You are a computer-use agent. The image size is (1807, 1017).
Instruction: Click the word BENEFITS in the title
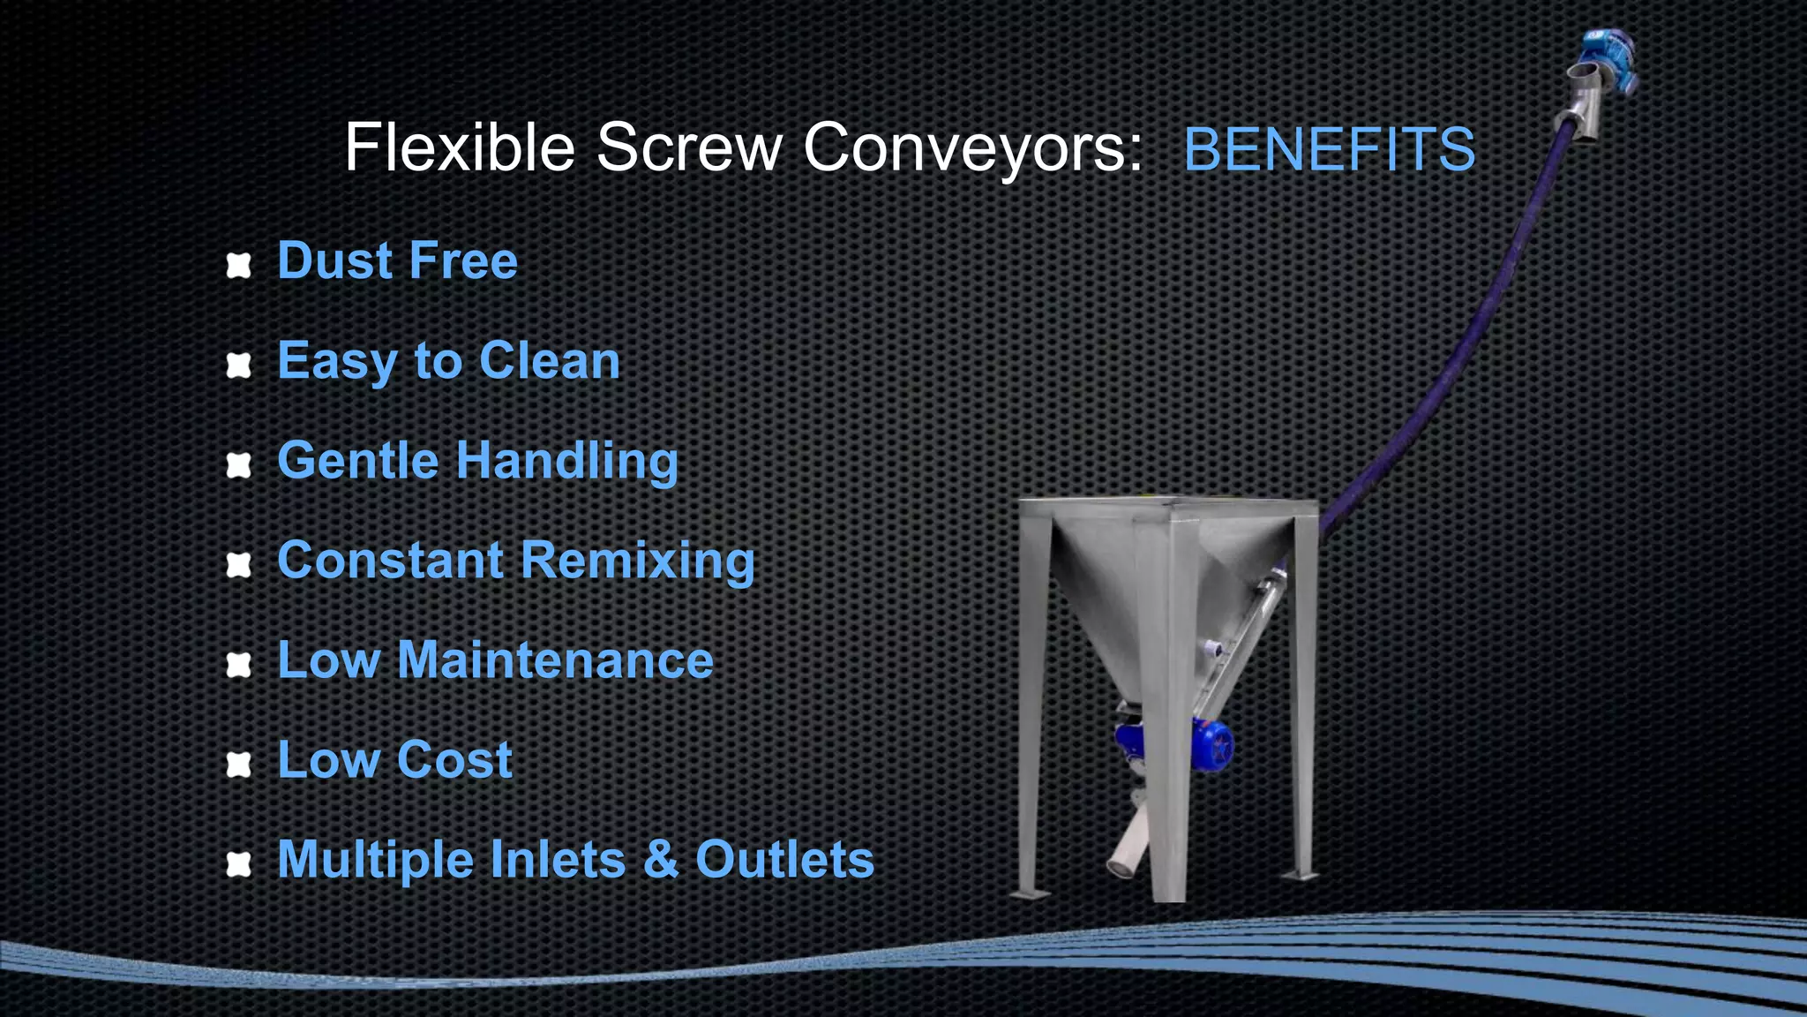click(x=1329, y=149)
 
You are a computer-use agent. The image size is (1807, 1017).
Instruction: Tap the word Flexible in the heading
click(x=459, y=147)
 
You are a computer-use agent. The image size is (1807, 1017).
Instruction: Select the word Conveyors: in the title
click(x=973, y=147)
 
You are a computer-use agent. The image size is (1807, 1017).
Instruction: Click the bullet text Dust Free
click(x=397, y=261)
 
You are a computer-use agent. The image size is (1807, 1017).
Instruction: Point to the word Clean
click(x=550, y=361)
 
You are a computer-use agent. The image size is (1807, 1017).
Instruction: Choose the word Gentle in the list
click(x=357, y=461)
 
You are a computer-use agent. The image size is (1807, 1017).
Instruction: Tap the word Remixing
click(x=637, y=561)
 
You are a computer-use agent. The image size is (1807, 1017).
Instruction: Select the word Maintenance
click(x=555, y=660)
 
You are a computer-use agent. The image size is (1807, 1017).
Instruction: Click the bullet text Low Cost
click(x=394, y=760)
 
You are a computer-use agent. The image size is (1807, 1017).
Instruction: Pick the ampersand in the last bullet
click(x=661, y=860)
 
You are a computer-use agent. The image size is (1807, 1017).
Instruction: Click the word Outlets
click(x=784, y=860)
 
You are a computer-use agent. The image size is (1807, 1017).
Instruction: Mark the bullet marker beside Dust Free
click(x=239, y=265)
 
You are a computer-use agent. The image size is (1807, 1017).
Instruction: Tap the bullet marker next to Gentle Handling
click(x=239, y=464)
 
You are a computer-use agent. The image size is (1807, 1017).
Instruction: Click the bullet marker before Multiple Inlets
click(x=239, y=863)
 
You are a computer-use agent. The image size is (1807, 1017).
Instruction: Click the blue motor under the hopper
click(x=1173, y=746)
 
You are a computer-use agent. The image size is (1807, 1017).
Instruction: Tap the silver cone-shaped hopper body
click(x=1147, y=583)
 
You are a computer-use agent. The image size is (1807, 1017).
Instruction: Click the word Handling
click(x=566, y=461)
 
